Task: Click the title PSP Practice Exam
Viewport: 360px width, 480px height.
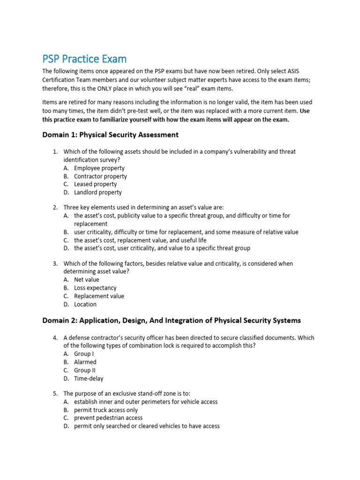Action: point(84,59)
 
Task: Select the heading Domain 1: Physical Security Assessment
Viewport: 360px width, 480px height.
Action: point(110,135)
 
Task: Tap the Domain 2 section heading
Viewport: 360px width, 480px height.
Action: point(172,321)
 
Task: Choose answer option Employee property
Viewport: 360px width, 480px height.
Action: point(99,168)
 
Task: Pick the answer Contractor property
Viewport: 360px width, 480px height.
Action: point(100,176)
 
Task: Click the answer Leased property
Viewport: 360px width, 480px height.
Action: point(95,184)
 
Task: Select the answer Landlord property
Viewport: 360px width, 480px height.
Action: point(97,192)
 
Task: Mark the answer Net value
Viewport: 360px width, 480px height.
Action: point(86,280)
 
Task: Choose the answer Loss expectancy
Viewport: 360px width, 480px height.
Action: point(95,288)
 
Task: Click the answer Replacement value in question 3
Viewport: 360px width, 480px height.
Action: point(99,296)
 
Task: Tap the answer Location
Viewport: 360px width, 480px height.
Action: point(85,304)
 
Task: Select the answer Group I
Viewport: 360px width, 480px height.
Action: point(84,354)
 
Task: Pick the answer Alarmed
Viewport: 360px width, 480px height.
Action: point(85,362)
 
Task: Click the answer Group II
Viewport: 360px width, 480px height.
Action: point(84,370)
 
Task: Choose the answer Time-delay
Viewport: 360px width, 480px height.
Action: point(89,378)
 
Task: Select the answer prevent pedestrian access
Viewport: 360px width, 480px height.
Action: point(108,418)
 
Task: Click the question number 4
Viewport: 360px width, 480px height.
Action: point(55,338)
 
